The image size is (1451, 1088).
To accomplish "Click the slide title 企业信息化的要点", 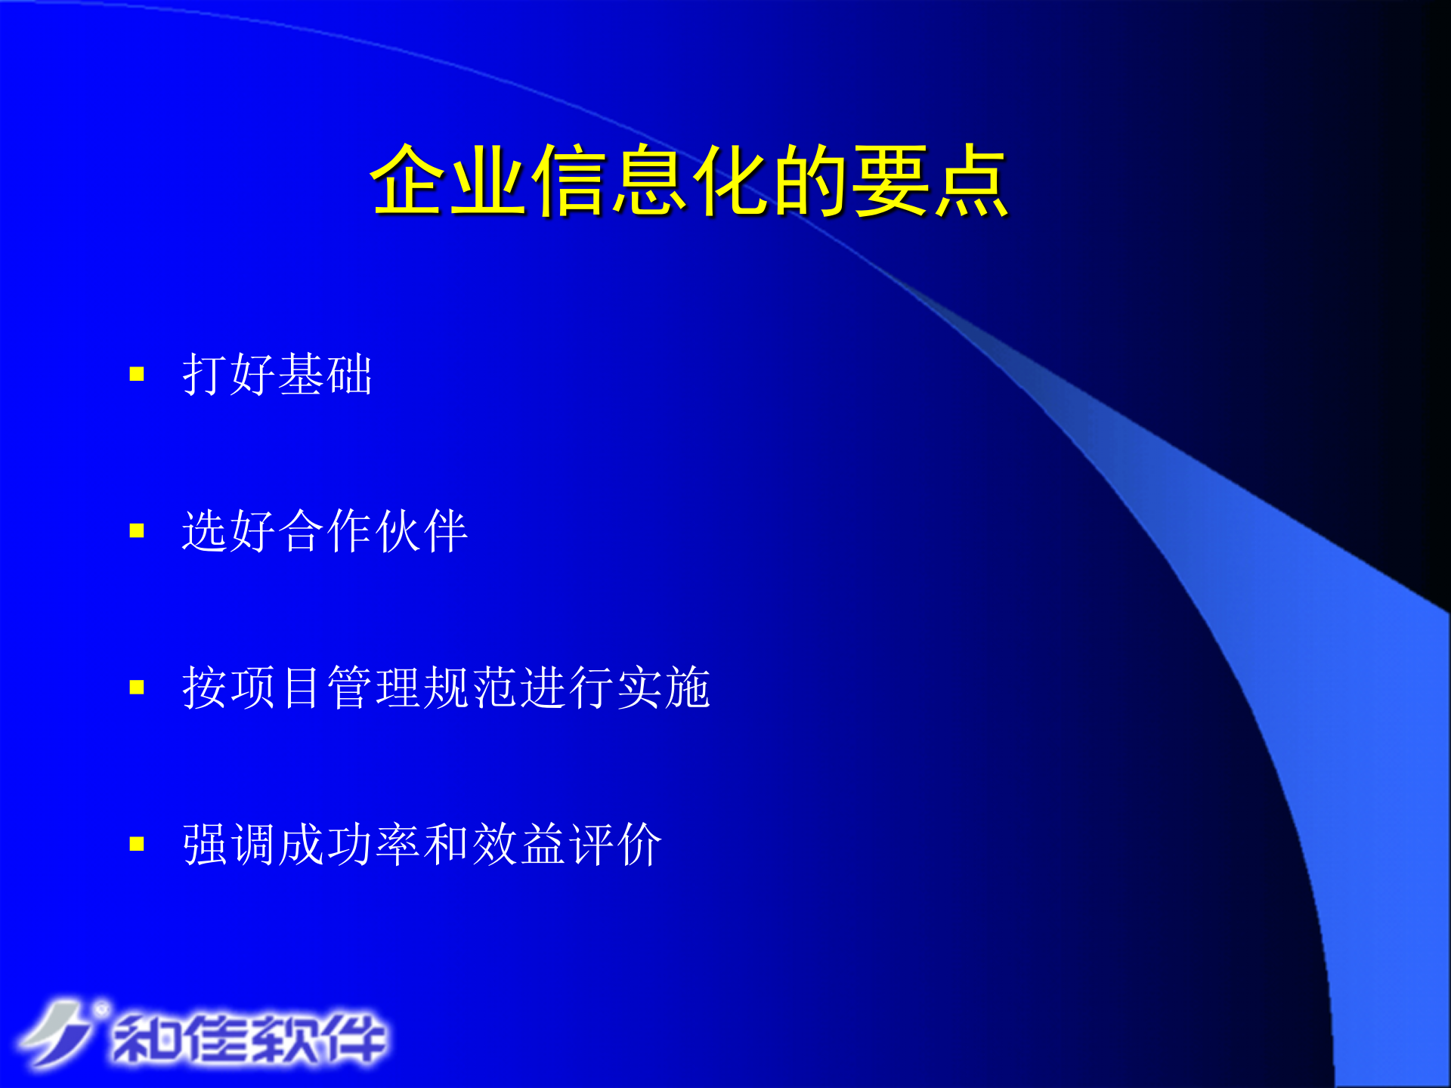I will [689, 181].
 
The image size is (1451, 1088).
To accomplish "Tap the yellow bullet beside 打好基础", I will [137, 374].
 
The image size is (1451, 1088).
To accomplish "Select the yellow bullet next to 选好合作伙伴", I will [137, 531].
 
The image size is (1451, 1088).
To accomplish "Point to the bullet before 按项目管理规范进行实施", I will [137, 688].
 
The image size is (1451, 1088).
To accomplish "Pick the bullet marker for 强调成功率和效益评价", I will [137, 844].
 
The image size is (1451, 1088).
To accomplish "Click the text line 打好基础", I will [277, 374].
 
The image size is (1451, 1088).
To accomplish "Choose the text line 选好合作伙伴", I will [325, 531].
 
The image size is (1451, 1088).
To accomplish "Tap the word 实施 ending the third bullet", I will [664, 688].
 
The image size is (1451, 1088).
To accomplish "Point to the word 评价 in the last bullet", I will [615, 844].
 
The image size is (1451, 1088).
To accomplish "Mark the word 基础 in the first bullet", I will [325, 374].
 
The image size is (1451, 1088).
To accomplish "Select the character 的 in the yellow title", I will [810, 181].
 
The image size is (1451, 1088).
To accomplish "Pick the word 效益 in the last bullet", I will [518, 844].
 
